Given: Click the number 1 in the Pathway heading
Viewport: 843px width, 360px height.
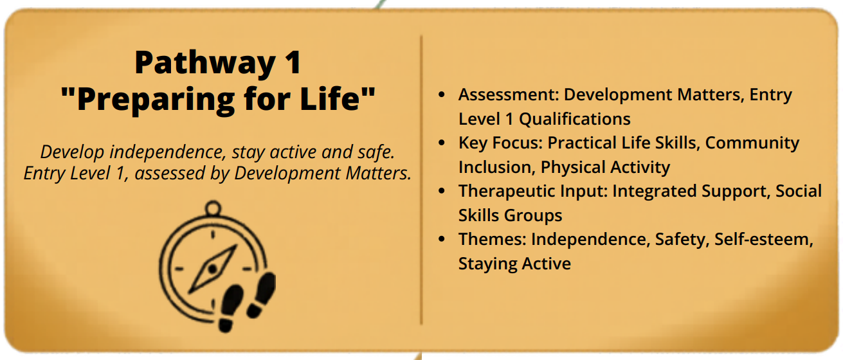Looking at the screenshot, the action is (293, 62).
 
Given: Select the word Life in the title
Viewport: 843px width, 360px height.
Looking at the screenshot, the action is (330, 98).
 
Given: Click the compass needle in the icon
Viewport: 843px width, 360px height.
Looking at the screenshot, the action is (213, 269).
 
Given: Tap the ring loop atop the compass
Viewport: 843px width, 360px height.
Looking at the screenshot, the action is (213, 208).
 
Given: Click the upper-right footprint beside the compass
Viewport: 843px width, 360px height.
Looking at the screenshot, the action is (262, 295).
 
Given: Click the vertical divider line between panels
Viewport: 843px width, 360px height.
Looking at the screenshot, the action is (421, 180).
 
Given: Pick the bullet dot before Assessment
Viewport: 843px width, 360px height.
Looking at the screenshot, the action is (442, 94).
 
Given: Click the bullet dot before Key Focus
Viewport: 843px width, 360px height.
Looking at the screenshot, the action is (442, 143).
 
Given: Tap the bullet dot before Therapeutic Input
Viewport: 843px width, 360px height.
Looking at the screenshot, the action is (442, 191).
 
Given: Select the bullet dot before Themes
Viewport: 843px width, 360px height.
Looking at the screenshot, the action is (442, 239).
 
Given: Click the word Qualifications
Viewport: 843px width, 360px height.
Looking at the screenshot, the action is (575, 120).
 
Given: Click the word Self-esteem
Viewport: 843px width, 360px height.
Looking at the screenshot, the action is (764, 239).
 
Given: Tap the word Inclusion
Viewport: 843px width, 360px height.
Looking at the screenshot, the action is (497, 167).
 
